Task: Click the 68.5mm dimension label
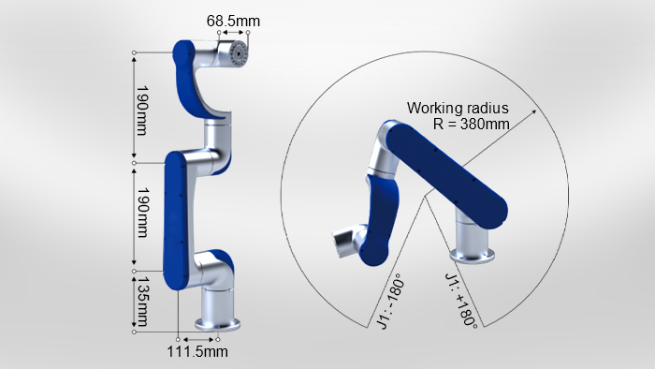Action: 233,21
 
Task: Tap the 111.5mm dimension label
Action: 197,351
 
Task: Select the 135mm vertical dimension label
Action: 143,301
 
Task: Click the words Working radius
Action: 458,109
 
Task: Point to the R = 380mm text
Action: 472,124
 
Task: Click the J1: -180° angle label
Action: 390,302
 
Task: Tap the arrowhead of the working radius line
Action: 533,111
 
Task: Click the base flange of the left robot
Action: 217,324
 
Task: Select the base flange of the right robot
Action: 472,256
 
